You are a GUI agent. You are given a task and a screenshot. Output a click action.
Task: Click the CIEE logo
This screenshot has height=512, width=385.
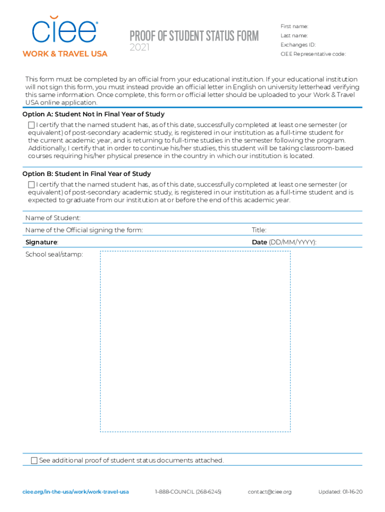pos(64,30)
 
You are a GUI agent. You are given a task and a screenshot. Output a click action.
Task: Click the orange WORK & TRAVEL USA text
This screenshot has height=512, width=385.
pos(64,53)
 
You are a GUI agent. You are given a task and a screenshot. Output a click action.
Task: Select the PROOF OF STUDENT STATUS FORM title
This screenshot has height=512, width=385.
pos(194,36)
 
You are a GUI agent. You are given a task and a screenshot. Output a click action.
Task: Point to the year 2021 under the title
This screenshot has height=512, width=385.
pos(139,48)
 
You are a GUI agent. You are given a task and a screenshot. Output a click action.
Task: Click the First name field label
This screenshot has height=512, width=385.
pos(294,26)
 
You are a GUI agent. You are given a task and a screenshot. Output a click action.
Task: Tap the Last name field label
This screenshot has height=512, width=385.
pos(294,35)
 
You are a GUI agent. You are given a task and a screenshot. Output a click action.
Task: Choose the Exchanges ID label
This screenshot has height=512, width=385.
pos(298,44)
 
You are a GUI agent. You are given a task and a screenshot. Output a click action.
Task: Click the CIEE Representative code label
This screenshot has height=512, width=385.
pos(313,54)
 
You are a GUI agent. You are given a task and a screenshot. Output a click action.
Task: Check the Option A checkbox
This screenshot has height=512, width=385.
pos(31,124)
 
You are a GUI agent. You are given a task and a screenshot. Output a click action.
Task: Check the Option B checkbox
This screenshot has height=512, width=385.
pos(31,184)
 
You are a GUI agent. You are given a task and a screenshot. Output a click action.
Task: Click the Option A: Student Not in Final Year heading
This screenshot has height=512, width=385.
pos(93,114)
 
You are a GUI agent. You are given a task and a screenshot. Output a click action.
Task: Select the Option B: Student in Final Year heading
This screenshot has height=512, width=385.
pos(86,174)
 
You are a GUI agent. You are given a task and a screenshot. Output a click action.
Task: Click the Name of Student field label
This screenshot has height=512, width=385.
pos(53,218)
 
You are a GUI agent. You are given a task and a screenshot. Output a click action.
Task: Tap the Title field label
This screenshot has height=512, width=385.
pos(259,230)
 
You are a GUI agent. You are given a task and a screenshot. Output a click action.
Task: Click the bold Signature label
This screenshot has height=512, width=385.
pos(41,242)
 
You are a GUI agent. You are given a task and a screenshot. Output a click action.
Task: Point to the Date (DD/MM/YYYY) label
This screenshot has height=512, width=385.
pos(284,242)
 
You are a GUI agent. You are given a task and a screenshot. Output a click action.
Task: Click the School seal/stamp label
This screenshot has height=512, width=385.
pos(54,254)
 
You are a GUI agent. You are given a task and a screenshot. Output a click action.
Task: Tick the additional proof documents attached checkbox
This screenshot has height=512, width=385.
pos(34,460)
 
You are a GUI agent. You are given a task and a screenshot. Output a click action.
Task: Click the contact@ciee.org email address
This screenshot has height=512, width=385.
pos(269,491)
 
